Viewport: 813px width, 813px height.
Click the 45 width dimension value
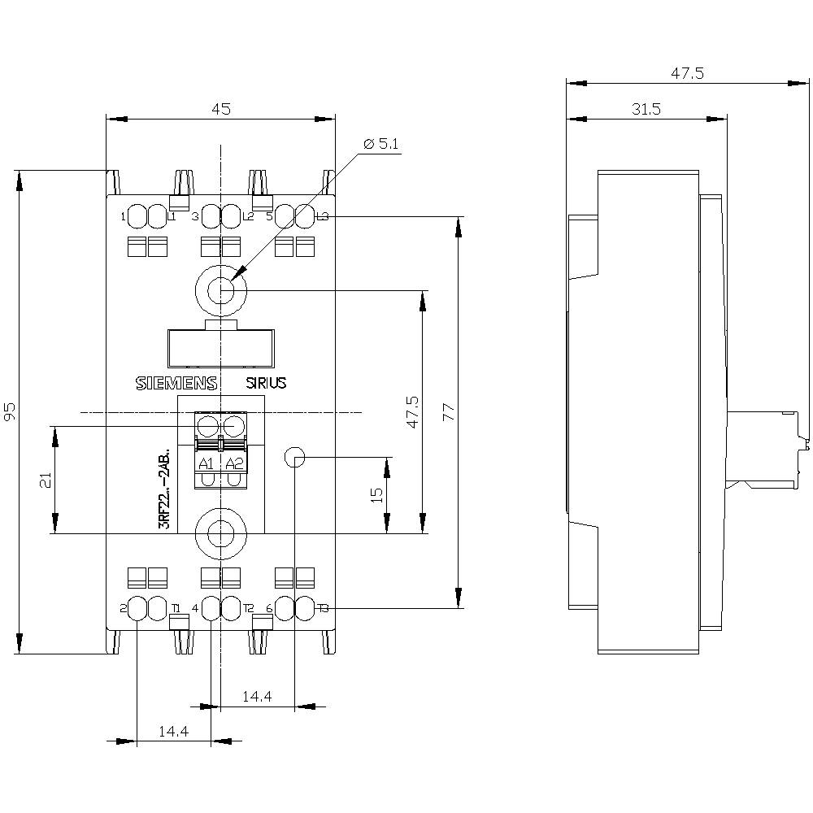[x=221, y=108]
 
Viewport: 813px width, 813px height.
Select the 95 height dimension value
[x=10, y=411]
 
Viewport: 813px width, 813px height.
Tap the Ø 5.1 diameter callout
[x=381, y=144]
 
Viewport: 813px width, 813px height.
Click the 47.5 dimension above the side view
[x=687, y=73]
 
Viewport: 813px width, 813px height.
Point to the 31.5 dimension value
[x=646, y=108]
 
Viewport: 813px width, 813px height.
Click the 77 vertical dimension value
[x=446, y=411]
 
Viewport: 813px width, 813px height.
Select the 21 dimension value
[x=45, y=480]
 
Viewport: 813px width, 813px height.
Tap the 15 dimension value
[x=376, y=495]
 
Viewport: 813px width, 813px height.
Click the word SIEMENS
[x=175, y=384]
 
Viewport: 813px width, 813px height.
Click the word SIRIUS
[x=266, y=384]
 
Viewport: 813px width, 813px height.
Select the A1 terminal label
[x=207, y=463]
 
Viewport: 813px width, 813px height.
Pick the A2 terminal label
[x=234, y=463]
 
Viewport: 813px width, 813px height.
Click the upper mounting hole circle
[x=220, y=289]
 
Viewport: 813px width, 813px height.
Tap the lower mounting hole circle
[x=220, y=533]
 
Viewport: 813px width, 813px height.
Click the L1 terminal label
[x=172, y=216]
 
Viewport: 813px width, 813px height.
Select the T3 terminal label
[x=323, y=608]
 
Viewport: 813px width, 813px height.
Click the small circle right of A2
[x=294, y=457]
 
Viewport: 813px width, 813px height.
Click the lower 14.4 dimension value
[x=173, y=731]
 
